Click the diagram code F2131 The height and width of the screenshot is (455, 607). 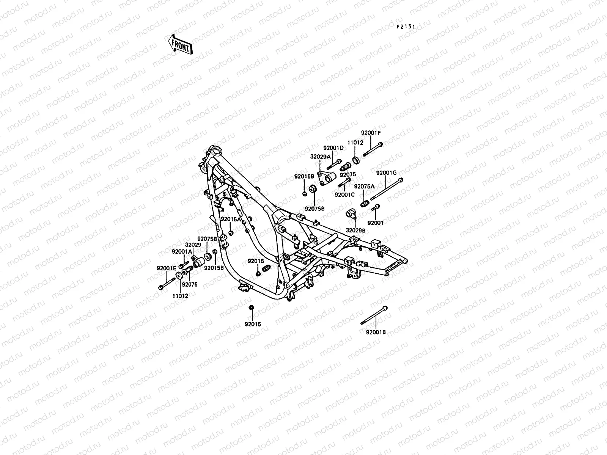pyautogui.click(x=406, y=27)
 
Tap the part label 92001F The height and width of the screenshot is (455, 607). pyautogui.click(x=370, y=133)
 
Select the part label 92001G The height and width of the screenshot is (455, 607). pyautogui.click(x=386, y=173)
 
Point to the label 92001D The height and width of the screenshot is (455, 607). pyautogui.click(x=333, y=148)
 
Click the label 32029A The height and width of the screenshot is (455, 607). pyautogui.click(x=321, y=156)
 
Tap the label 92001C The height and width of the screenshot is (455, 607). pyautogui.click(x=344, y=195)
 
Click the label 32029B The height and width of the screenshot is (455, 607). pyautogui.click(x=355, y=230)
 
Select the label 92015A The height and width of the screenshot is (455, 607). pyautogui.click(x=231, y=219)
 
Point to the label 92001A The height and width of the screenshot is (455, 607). pyautogui.click(x=182, y=251)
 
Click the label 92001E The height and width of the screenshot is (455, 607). pyautogui.click(x=167, y=268)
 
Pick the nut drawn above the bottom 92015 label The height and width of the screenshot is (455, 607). pyautogui.click(x=251, y=307)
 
